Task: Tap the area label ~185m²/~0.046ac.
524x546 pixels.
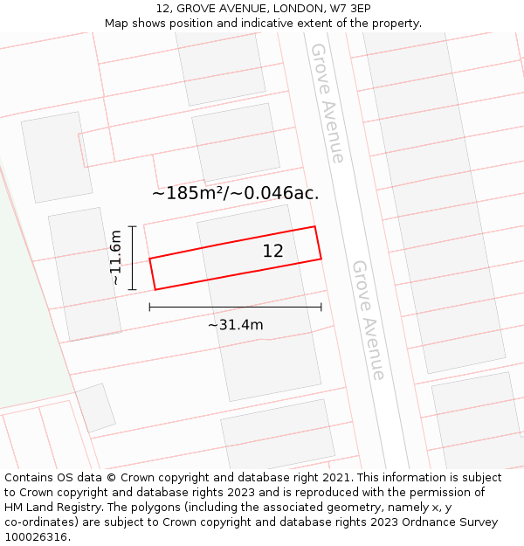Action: [236, 193]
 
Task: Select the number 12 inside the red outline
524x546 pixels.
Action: [273, 251]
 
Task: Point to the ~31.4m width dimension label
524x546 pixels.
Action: [236, 325]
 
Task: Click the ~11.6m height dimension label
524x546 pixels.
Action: [115, 258]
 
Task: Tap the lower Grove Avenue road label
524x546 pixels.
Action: [369, 320]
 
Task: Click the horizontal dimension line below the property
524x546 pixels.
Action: [236, 307]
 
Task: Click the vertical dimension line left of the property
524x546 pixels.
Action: [133, 258]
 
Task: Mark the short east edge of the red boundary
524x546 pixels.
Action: [318, 243]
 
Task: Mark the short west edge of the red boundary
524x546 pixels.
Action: [152, 273]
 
